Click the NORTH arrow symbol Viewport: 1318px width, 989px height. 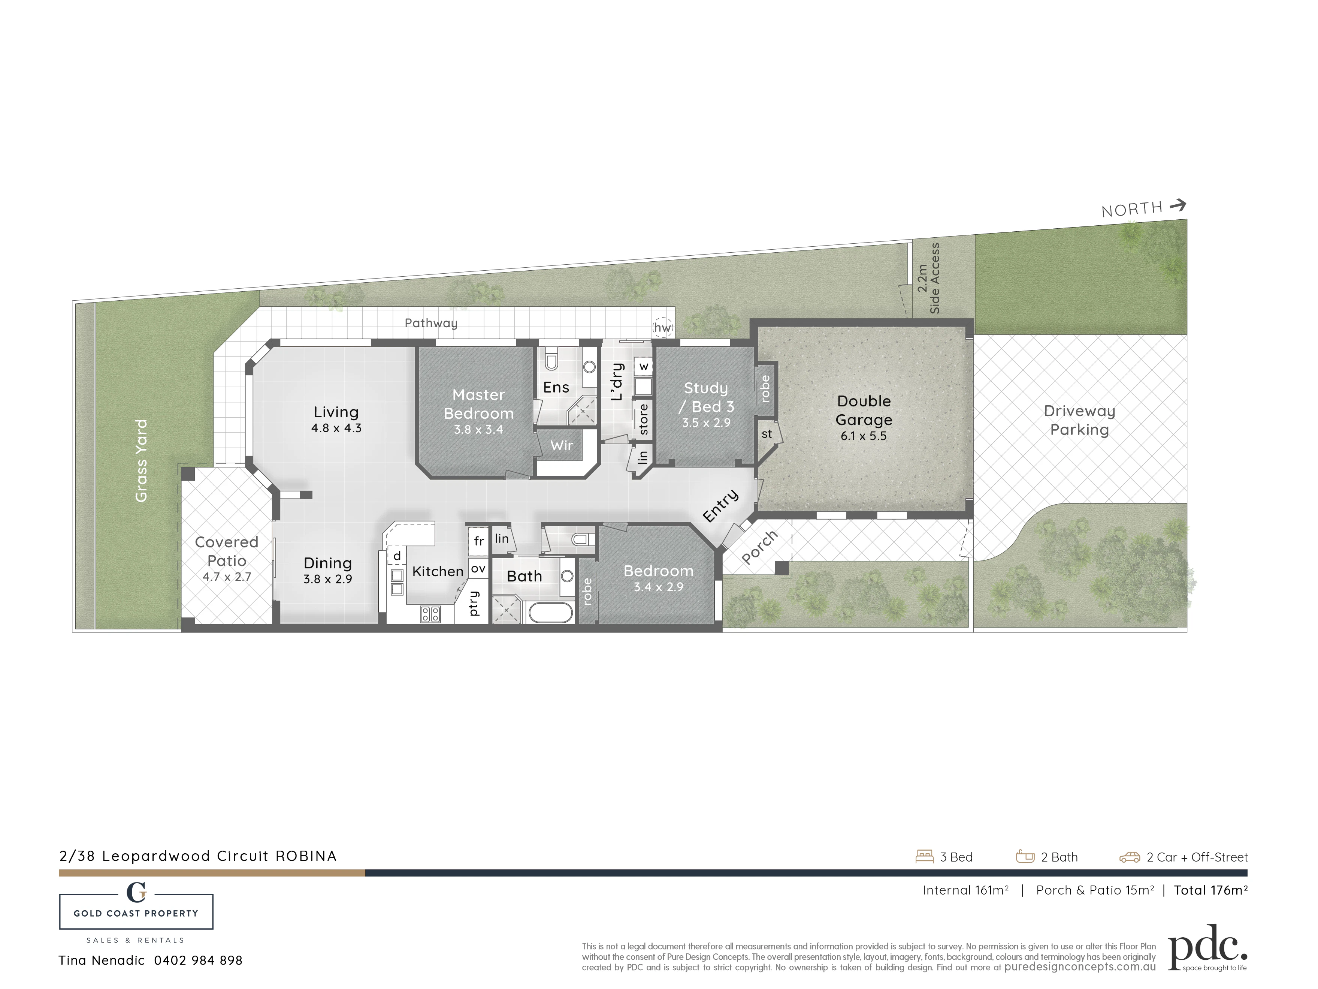1178,206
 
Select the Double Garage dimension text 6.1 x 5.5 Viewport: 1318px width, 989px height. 864,436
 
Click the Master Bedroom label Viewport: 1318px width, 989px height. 478,404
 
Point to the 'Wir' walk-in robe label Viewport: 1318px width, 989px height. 561,445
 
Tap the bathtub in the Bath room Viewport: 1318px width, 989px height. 551,612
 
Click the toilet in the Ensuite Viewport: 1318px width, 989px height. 551,360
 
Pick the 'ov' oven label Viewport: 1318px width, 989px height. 478,569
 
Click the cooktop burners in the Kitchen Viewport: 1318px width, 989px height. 430,614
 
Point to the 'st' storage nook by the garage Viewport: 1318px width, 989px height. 767,434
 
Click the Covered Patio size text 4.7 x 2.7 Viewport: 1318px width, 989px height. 227,577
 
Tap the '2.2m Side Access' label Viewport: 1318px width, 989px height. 928,279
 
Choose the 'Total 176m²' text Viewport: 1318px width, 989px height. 1211,890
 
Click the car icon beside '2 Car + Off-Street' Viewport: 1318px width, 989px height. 1130,857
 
